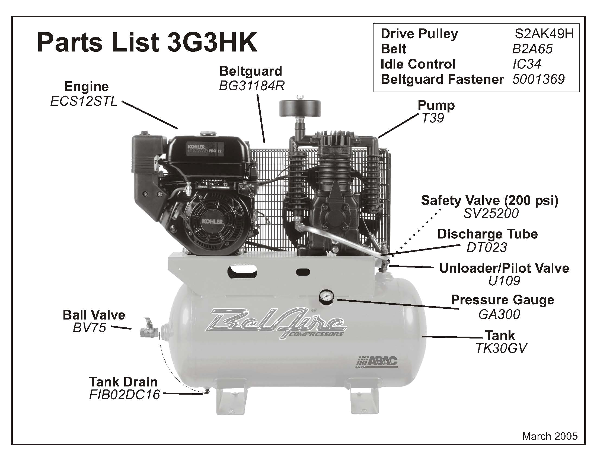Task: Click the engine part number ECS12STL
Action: pos(84,102)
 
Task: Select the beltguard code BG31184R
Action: pos(252,86)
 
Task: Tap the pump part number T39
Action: pos(433,118)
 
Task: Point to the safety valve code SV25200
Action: pos(491,214)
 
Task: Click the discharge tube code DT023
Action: pos(487,247)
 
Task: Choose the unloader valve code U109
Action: pos(504,281)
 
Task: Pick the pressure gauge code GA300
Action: pos(499,314)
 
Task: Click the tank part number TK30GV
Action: pos(501,348)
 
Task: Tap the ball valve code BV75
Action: pos(90,328)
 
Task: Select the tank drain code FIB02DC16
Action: pos(124,395)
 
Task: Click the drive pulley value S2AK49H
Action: pos(544,34)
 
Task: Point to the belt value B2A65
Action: pos(532,49)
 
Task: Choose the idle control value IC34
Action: pos(527,64)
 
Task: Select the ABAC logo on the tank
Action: pos(378,362)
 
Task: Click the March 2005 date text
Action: pos(550,436)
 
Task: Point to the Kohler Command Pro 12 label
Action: pos(205,149)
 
